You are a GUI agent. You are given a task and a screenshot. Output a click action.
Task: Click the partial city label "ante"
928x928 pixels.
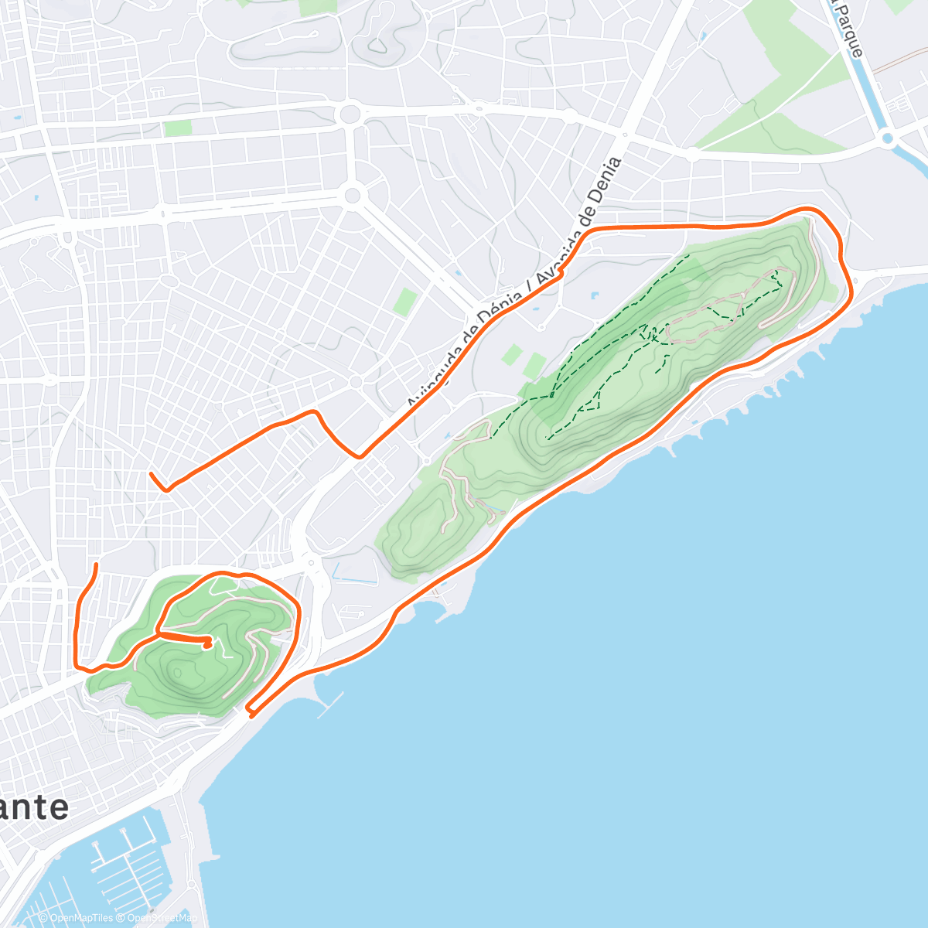click(x=35, y=807)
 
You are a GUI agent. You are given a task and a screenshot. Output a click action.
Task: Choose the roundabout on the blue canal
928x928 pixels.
click(x=887, y=140)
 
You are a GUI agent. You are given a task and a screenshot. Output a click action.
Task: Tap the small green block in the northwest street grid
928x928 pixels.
click(x=177, y=128)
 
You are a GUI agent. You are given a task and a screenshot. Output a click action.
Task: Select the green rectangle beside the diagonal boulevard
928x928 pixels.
click(x=404, y=302)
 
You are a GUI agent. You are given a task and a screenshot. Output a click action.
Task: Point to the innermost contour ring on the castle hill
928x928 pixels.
click(x=181, y=658)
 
